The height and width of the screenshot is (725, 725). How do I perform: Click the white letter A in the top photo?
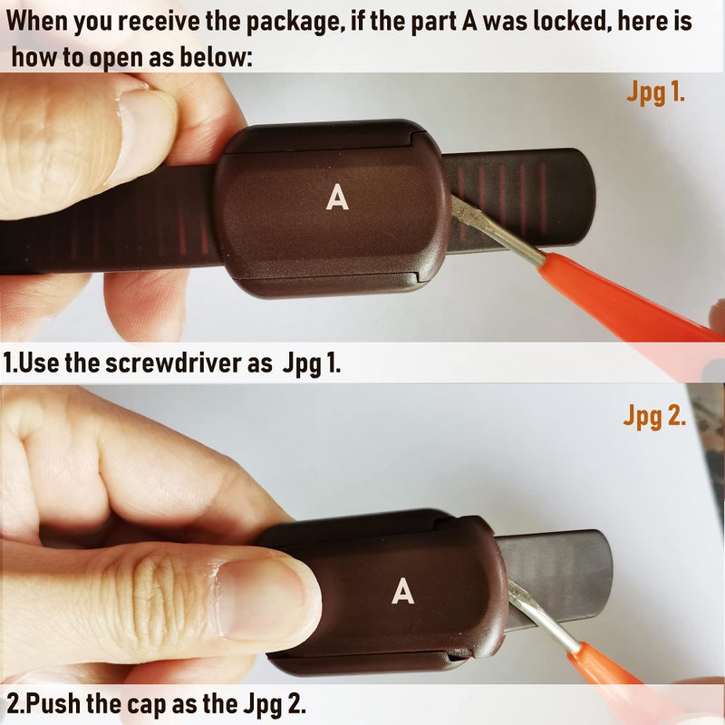(337, 198)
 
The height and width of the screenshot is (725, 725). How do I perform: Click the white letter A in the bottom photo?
(403, 592)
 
